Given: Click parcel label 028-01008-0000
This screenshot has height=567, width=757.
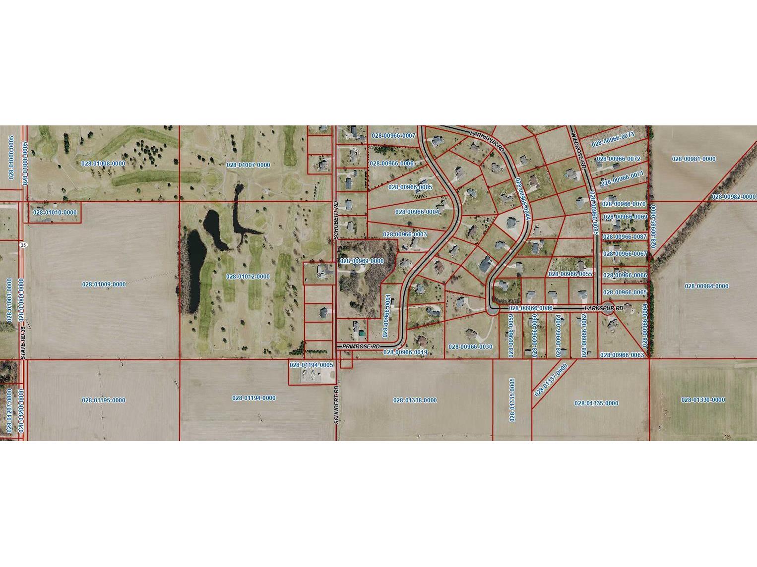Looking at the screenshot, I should pos(103,163).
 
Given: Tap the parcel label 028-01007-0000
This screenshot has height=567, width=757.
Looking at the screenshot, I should pos(248,165).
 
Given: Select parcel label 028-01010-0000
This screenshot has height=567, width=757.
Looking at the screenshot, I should pos(55,213).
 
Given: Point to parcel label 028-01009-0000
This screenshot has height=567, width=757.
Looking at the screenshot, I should pos(104,284).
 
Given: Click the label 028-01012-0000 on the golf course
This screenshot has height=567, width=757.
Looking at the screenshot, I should pos(248,277).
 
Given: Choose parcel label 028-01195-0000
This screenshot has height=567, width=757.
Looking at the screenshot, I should pos(104,400).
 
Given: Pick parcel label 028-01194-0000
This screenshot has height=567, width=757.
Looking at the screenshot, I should pos(254,398).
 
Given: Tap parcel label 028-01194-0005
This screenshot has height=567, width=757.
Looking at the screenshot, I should pos(311,365).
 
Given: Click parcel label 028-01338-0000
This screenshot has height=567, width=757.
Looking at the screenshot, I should pos(415,400).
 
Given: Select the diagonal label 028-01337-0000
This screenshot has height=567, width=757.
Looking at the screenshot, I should pos(551,380).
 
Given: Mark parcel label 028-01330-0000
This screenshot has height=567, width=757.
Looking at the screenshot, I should pos(703,400).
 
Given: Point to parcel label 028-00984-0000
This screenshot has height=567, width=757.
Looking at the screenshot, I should pos(706,286).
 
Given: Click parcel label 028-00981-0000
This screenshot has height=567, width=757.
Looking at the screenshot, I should pos(694,159).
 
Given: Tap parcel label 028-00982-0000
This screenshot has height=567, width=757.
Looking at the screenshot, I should pos(734,197).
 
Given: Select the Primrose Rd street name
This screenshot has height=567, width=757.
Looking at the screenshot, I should pos(361,346).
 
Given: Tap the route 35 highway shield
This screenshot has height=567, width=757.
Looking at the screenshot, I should pos(23,245).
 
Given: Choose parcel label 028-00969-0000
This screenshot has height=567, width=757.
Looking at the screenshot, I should pos(362,261).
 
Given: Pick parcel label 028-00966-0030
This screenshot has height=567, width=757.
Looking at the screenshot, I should pos(470,347).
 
